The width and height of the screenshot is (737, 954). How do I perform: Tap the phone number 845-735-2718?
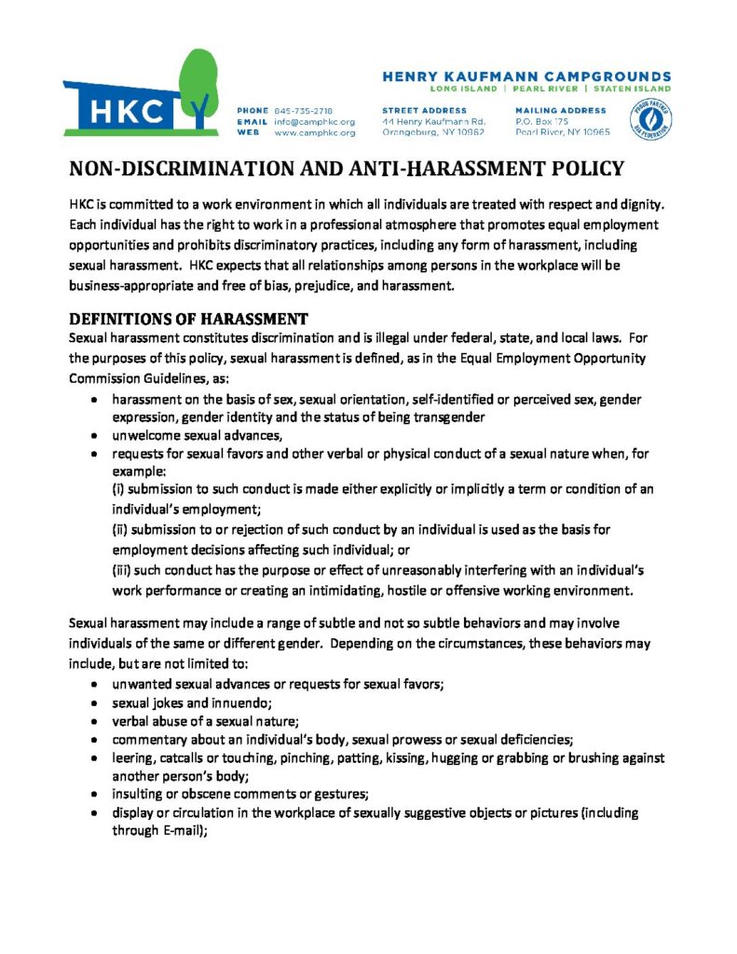coord(304,111)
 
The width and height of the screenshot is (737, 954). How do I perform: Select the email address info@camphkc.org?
coord(314,122)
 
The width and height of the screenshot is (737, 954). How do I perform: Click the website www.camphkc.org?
coord(314,133)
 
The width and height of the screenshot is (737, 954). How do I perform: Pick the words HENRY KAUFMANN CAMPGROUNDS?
coord(526,75)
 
